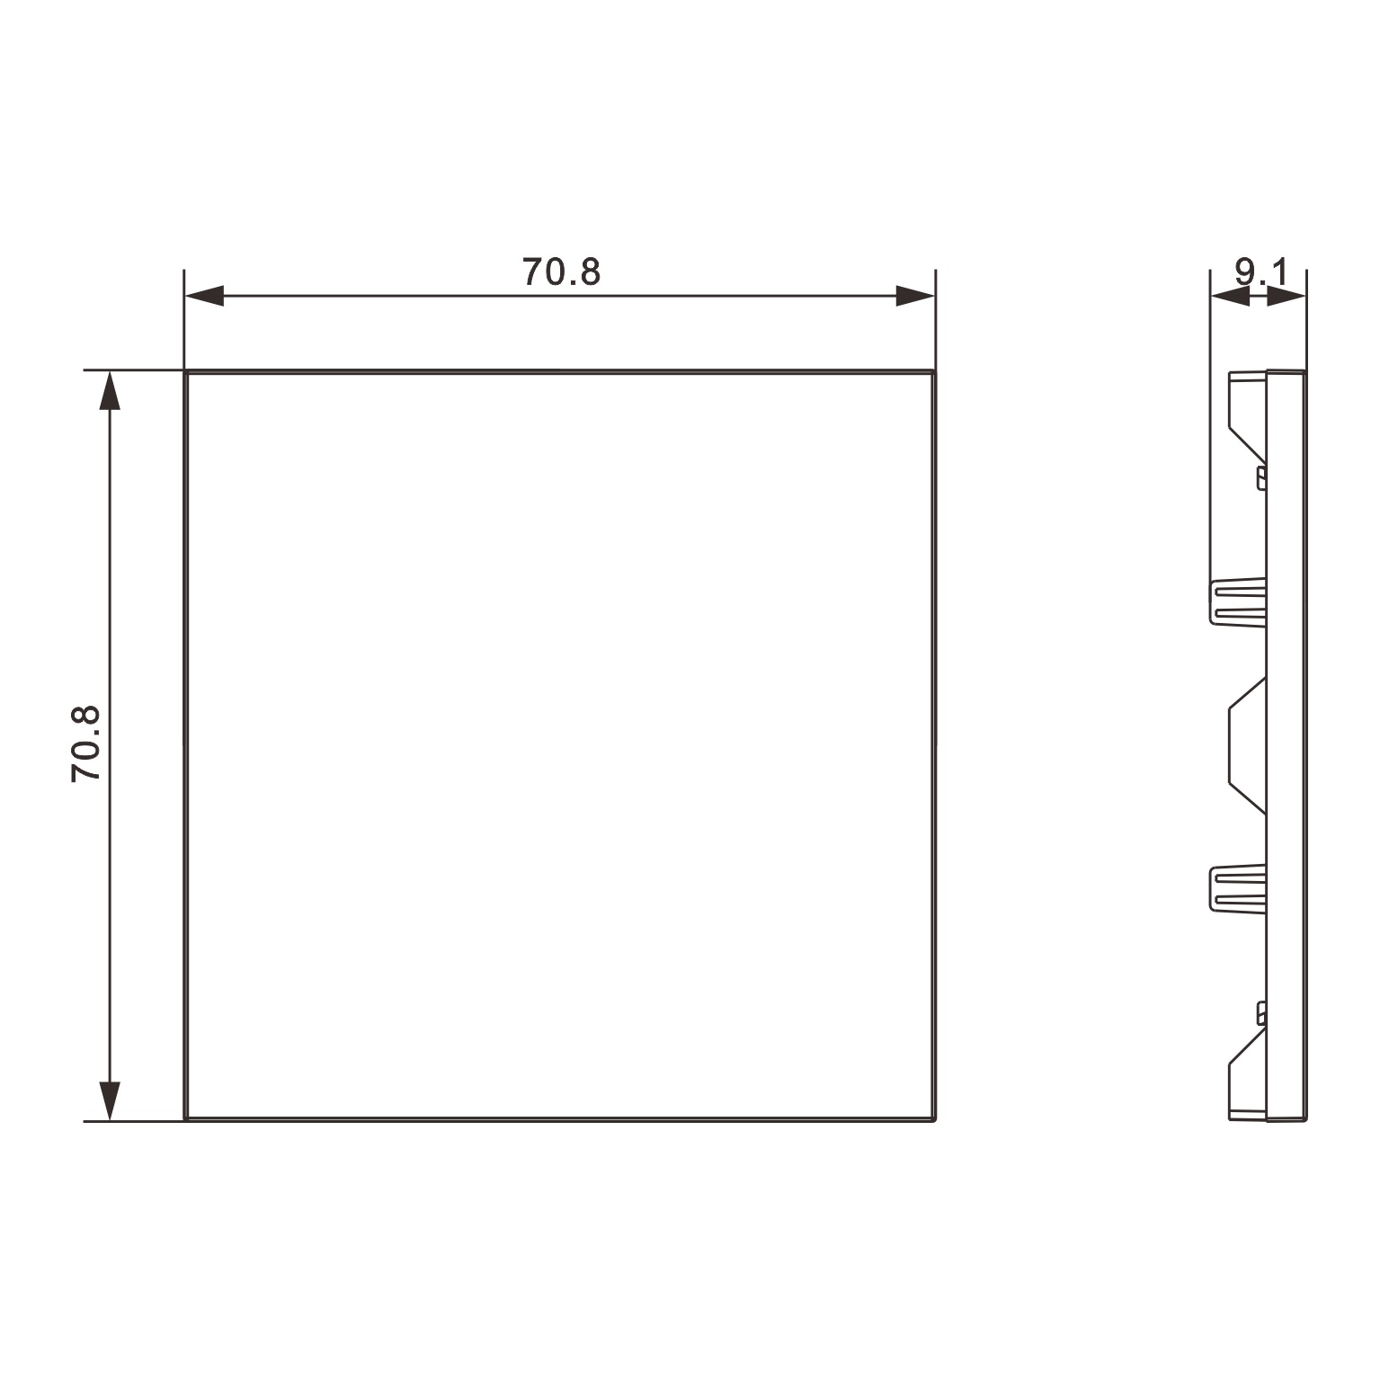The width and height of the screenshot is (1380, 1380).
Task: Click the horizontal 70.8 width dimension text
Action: click(561, 272)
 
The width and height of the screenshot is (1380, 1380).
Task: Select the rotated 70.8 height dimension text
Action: click(86, 744)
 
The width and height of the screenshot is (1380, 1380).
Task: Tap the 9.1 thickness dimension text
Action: click(1260, 272)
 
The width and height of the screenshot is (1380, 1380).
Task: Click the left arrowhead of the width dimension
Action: click(204, 296)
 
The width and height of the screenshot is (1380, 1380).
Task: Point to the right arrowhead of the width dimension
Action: click(915, 296)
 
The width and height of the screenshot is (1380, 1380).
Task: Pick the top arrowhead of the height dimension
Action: click(110, 390)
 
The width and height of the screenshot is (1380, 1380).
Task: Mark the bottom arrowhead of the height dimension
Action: click(110, 1100)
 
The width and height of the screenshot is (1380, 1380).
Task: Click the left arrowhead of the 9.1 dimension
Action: click(1230, 296)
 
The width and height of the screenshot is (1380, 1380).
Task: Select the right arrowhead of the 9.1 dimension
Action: click(1287, 296)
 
